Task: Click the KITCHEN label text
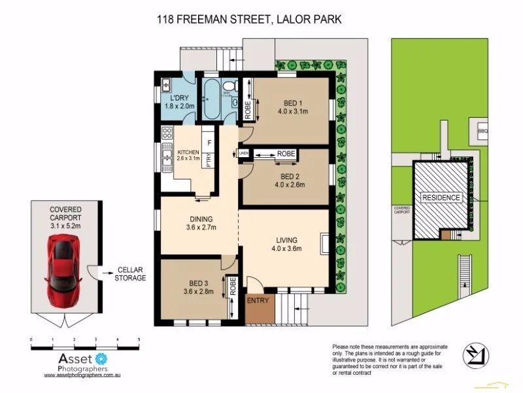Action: pyautogui.click(x=188, y=153)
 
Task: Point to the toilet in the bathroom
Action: pyautogui.click(x=226, y=89)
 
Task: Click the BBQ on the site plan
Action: pyautogui.click(x=482, y=131)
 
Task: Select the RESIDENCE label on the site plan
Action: pyautogui.click(x=441, y=197)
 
